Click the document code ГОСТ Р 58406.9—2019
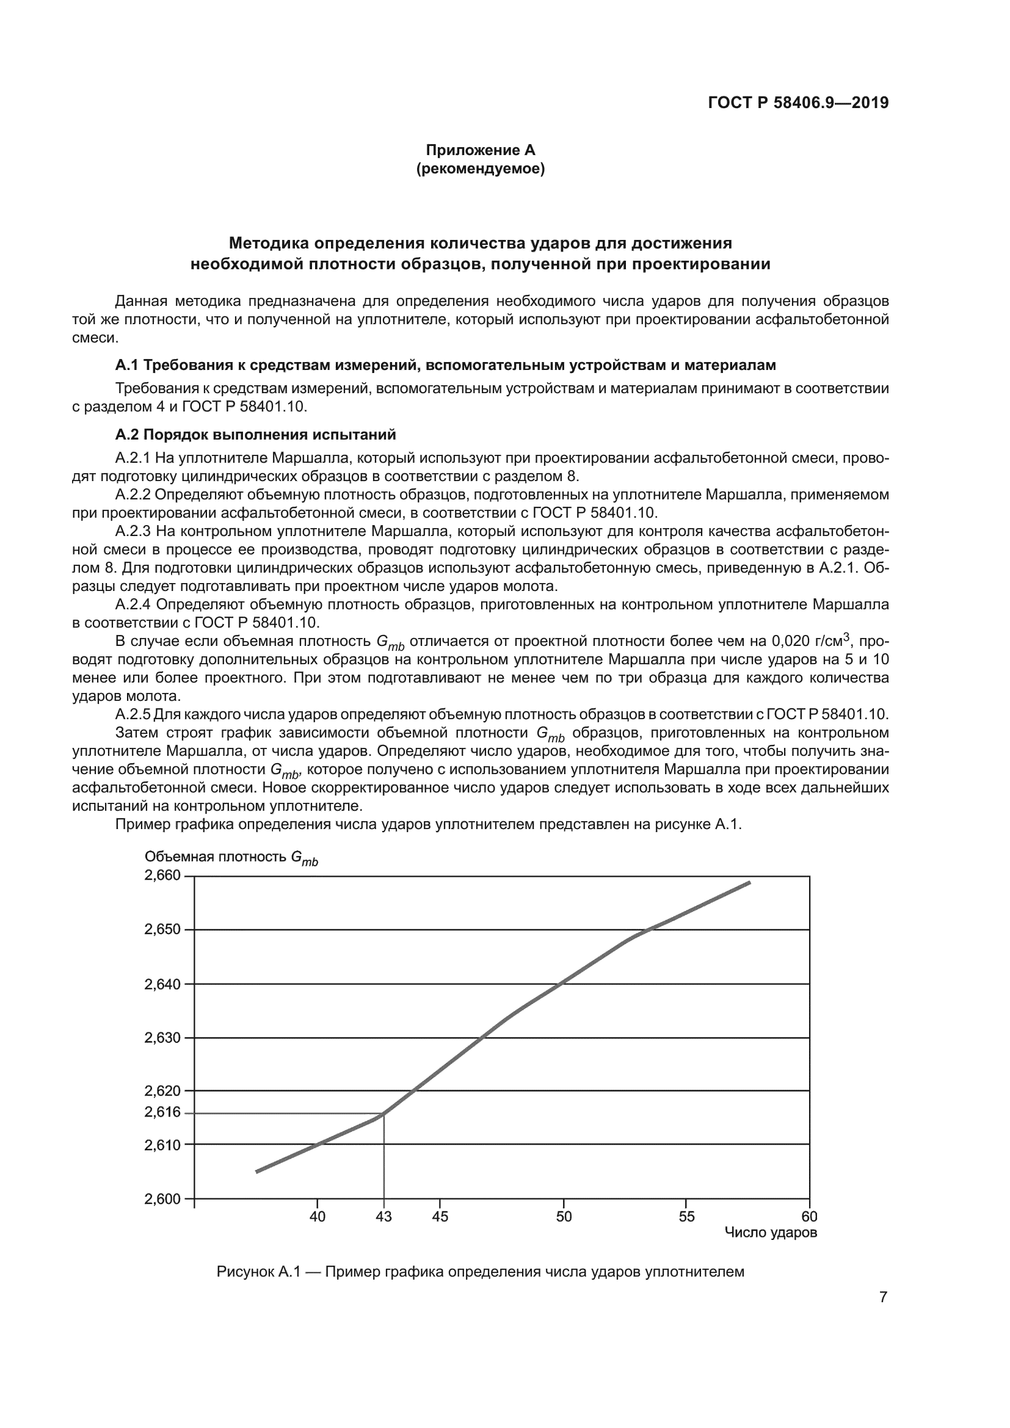point(798,103)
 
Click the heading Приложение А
point(480,150)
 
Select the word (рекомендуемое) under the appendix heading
point(480,169)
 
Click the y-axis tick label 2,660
point(162,875)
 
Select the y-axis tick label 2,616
point(162,1112)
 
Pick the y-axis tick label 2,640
point(162,985)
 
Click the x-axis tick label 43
point(383,1217)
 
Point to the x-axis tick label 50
point(564,1217)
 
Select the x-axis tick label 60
point(809,1217)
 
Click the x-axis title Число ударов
point(771,1233)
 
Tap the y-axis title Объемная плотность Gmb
point(231,858)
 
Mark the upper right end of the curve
point(749,883)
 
